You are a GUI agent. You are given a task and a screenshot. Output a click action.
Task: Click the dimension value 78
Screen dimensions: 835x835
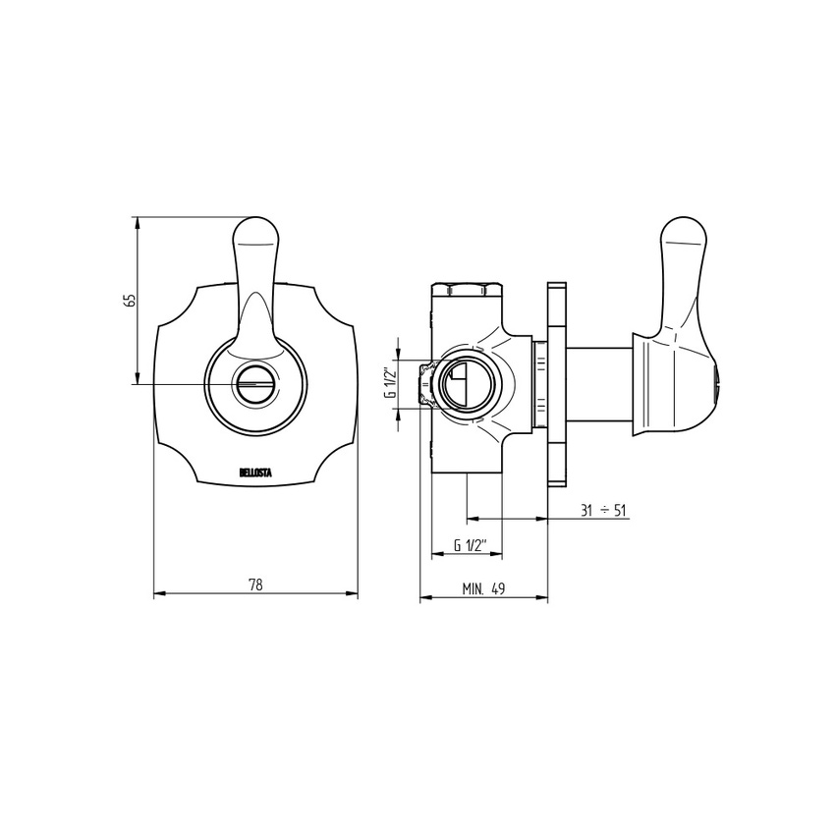pos(255,584)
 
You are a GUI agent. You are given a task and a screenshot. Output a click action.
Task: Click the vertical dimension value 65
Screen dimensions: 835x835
pos(129,301)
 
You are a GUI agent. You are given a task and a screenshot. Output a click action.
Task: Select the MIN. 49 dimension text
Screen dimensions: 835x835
pos(483,589)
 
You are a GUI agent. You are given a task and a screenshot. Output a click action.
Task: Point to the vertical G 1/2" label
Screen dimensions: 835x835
pos(390,381)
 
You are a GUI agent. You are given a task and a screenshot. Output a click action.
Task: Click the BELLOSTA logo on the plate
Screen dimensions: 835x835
pos(256,473)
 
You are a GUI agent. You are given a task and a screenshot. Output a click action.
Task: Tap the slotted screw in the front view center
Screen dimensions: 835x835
pos(255,384)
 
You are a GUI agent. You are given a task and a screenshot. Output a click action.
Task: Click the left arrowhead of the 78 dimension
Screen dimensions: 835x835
pos(159,593)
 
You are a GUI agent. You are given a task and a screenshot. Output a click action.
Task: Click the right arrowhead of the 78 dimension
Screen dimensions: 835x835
pos(353,593)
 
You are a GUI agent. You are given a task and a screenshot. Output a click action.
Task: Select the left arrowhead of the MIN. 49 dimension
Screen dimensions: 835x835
pos(424,597)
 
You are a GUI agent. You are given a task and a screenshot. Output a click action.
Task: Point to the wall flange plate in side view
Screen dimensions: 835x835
pos(557,384)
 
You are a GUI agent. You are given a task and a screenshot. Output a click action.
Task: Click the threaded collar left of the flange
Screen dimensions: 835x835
pos(539,384)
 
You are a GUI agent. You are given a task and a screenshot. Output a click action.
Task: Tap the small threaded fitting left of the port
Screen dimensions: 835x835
pos(426,383)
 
